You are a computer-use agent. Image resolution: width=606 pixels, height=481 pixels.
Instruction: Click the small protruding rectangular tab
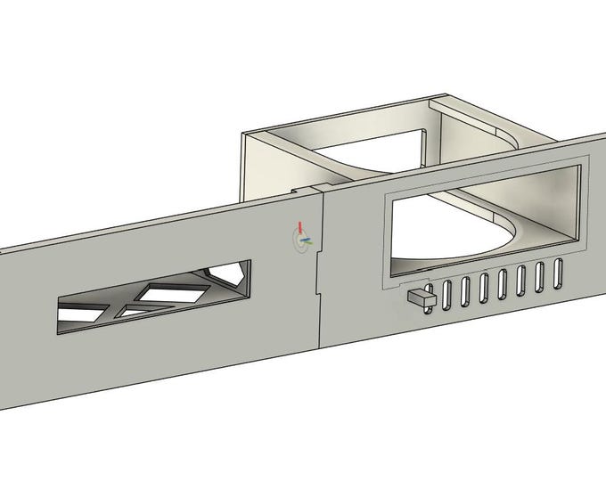tap(419, 299)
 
